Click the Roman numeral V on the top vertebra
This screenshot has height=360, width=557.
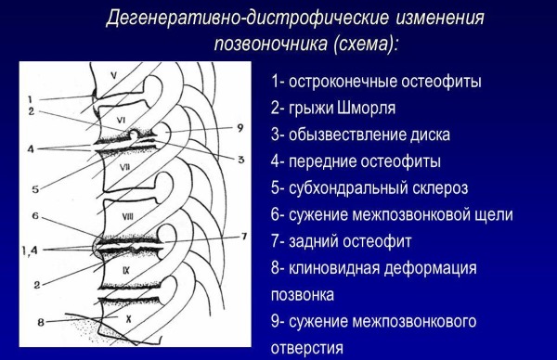coord(112,75)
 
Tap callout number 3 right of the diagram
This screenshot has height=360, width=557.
coord(240,160)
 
